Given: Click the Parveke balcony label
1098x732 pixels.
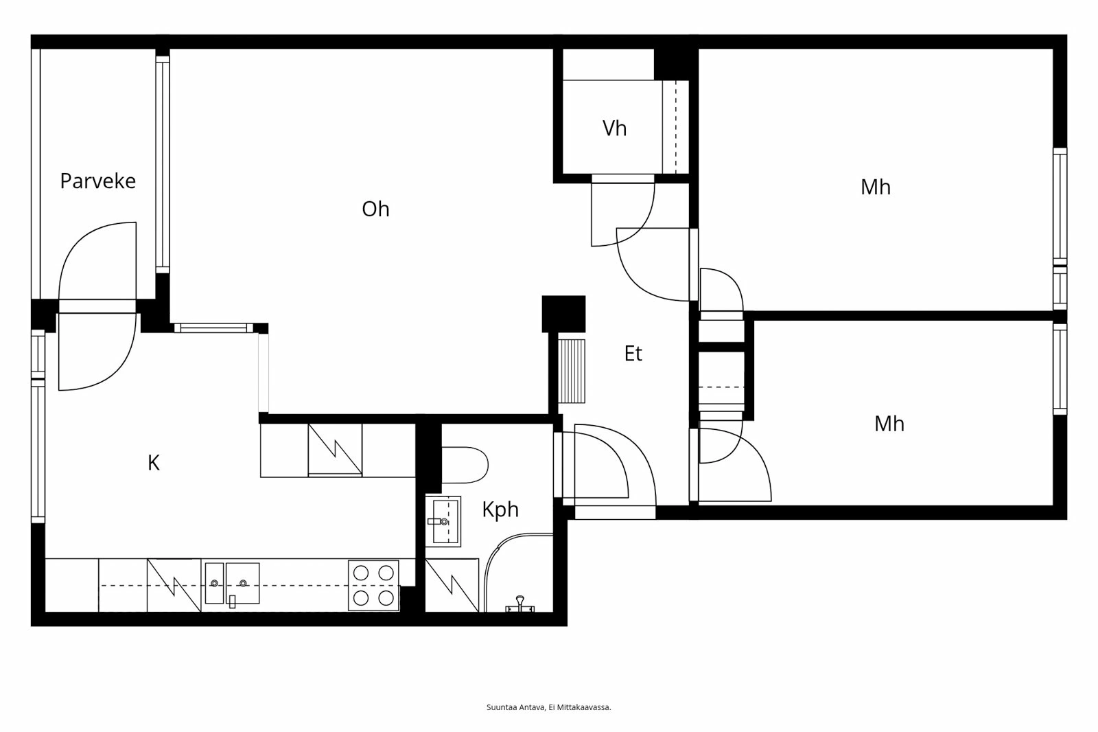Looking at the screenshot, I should (x=97, y=181).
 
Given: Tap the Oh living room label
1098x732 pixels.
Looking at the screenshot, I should (x=375, y=209).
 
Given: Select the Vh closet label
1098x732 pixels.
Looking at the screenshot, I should (x=614, y=128).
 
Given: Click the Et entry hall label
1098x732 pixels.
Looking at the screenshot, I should (x=633, y=354).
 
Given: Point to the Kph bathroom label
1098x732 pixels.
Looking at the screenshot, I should (x=500, y=510).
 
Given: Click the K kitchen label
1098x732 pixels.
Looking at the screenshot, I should (x=153, y=463).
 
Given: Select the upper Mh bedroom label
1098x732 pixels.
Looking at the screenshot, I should (x=875, y=187).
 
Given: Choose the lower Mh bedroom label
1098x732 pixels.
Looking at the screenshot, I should (x=889, y=424).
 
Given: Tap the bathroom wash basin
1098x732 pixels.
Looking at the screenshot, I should (x=443, y=521).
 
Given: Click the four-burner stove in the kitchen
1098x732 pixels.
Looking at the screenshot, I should (x=373, y=585).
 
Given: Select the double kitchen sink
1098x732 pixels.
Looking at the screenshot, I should (x=233, y=584).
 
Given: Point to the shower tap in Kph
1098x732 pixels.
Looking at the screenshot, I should (x=519, y=605).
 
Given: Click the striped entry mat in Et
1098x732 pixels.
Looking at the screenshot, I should (x=572, y=371).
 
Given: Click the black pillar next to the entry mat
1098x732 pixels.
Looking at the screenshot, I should (x=563, y=314).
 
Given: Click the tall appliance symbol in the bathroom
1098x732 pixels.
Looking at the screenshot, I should (x=452, y=585).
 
